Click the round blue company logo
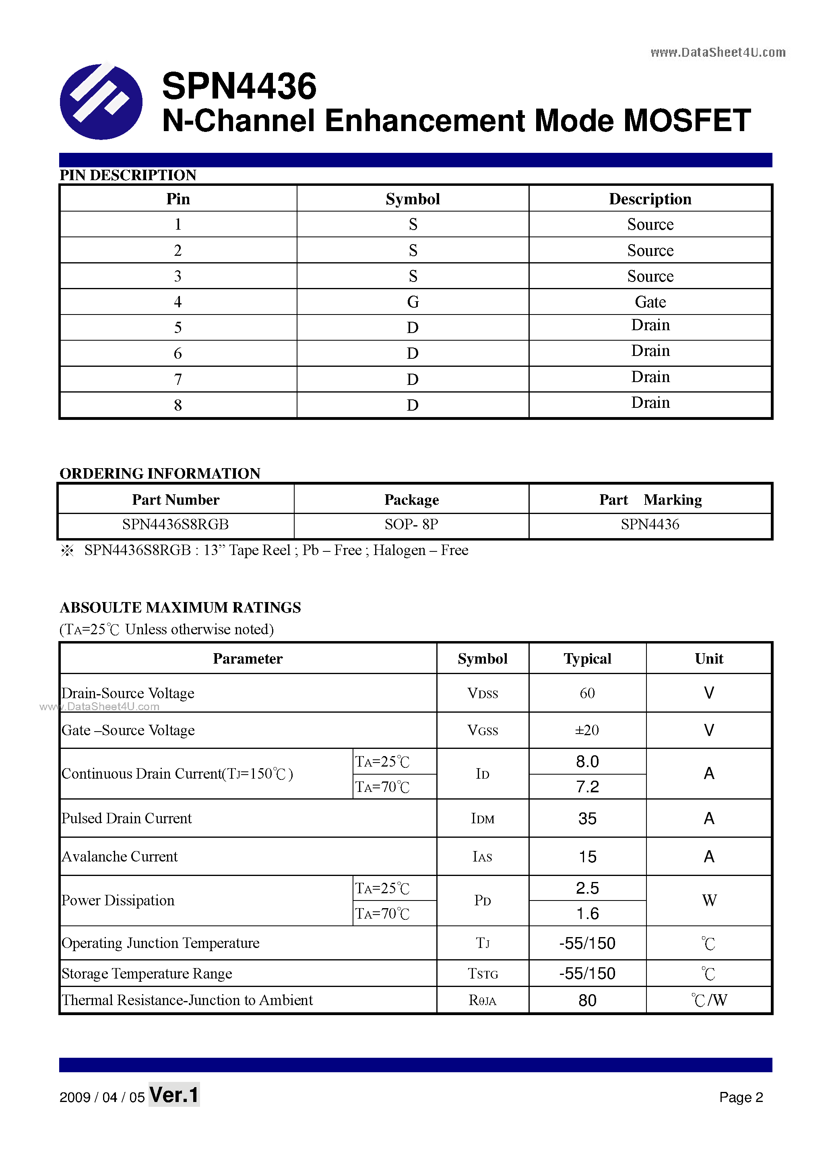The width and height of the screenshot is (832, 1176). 101,101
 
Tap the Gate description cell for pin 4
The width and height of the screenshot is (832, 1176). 650,302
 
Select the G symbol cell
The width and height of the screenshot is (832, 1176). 413,302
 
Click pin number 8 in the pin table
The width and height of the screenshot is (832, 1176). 178,405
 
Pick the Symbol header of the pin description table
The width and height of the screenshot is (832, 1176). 413,199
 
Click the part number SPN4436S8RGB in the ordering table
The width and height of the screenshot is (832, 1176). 175,524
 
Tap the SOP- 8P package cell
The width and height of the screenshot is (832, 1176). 411,524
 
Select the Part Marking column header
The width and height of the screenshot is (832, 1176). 650,500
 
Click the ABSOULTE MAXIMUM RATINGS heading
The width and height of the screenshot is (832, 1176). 180,607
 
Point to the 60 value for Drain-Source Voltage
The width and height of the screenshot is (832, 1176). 587,693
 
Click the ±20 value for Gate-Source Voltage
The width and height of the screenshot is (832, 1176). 587,730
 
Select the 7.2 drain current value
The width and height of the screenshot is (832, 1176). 587,787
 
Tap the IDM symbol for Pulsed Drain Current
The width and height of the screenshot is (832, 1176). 482,818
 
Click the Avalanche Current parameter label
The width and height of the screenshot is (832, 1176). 120,856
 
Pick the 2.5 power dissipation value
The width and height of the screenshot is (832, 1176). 587,888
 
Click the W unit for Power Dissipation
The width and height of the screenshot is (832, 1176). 709,901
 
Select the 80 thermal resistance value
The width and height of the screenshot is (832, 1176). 587,1000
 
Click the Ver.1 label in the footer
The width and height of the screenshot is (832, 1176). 174,1095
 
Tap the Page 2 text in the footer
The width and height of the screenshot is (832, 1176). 741,1097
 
